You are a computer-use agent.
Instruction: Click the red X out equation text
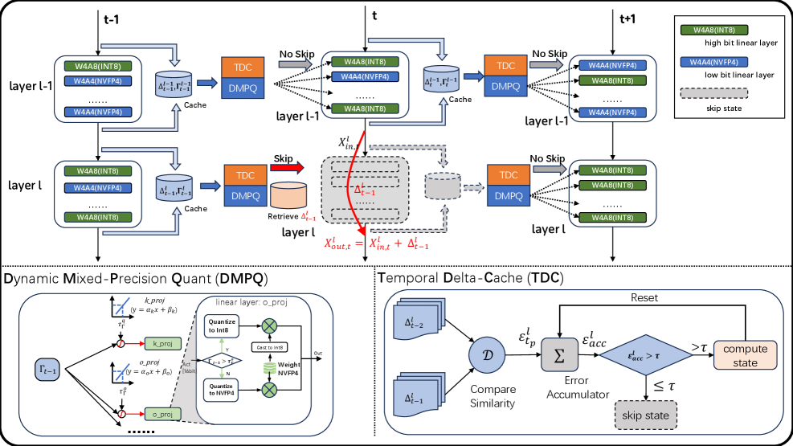pyautogui.click(x=376, y=243)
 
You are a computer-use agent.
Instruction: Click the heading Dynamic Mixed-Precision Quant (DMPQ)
pyautogui.click(x=136, y=278)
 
